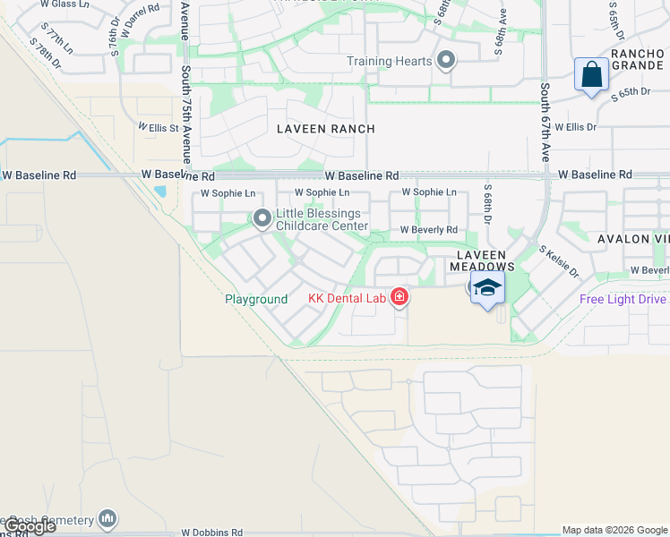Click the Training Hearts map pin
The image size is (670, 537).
click(x=446, y=62)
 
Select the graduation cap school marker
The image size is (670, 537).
click(x=486, y=289)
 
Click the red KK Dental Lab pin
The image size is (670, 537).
click(x=399, y=296)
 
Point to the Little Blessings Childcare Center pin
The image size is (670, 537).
click(x=262, y=218)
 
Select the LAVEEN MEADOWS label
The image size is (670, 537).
click(x=482, y=260)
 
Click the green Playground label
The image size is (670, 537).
click(x=256, y=299)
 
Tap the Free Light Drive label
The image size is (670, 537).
click(x=623, y=299)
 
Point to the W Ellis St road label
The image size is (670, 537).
click(x=158, y=128)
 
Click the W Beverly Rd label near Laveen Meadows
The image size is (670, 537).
click(x=428, y=230)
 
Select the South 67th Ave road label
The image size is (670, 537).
click(x=545, y=124)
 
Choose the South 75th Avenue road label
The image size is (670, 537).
click(x=185, y=116)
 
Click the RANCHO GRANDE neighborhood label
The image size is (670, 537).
click(x=638, y=60)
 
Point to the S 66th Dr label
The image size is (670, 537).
click(x=488, y=205)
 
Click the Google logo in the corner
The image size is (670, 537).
click(x=29, y=526)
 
